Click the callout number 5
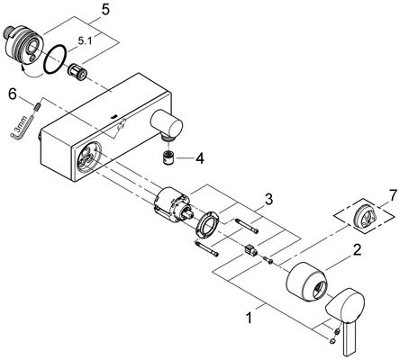105,10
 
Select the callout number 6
12,94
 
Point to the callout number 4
199,158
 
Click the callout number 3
268,199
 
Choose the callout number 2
356,250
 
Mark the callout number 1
249,318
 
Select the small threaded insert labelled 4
169,157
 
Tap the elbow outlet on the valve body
167,124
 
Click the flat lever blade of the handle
350,337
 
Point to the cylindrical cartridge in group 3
172,203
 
